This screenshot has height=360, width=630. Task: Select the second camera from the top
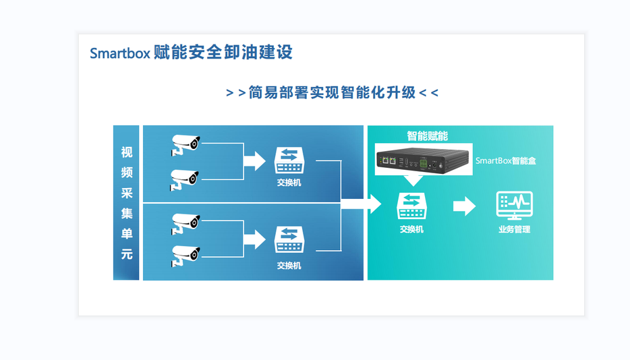click(x=185, y=178)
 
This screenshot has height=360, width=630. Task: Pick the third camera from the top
click(x=185, y=223)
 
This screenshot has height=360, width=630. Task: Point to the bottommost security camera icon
click(x=185, y=256)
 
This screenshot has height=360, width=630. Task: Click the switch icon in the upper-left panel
click(x=289, y=160)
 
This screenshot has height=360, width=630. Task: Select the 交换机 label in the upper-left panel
click(x=289, y=183)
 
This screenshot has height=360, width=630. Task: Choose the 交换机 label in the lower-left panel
click(x=289, y=266)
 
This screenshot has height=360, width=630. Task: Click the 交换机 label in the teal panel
click(x=411, y=229)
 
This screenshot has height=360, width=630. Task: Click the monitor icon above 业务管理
click(x=514, y=204)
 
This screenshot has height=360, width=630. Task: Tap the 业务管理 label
click(x=514, y=229)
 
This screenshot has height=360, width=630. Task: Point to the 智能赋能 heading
click(x=427, y=136)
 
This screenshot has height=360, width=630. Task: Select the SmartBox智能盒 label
click(x=506, y=160)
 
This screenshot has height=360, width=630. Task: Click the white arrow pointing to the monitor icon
click(x=464, y=206)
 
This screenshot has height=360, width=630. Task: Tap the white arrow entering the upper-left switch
click(x=254, y=161)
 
